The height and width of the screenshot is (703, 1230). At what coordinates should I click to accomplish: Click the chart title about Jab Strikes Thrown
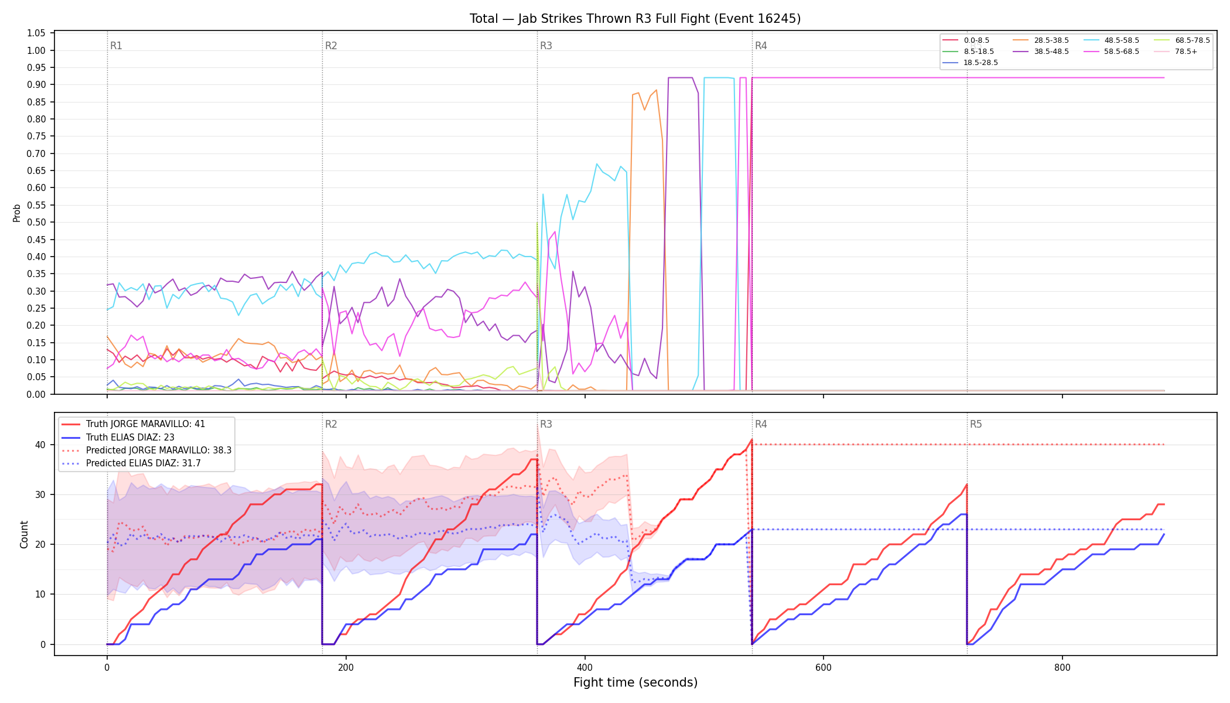tap(635, 19)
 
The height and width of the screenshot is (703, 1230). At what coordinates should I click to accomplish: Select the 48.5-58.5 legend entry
tap(1111, 40)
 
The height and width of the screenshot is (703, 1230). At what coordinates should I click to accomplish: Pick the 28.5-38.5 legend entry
tap(1041, 40)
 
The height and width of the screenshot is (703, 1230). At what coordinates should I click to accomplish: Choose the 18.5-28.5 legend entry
tap(971, 63)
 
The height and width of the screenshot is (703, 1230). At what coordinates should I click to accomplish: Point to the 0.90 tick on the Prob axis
tap(36, 85)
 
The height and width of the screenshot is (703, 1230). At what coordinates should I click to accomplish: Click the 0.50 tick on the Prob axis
tap(36, 223)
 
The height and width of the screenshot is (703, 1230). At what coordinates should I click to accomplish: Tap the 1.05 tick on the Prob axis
tap(36, 33)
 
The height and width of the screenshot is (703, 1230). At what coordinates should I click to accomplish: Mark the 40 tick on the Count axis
tap(40, 445)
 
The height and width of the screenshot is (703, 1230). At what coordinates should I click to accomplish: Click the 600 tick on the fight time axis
tap(824, 668)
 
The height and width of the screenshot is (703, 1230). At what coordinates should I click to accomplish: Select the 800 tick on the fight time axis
tap(1062, 668)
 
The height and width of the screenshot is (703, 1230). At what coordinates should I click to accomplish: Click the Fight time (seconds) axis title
tap(635, 683)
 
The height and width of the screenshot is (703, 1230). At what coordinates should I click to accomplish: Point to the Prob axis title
tap(17, 213)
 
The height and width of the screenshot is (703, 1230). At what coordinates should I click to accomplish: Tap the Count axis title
tap(24, 534)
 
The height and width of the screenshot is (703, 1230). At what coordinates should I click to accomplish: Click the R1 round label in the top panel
tap(116, 46)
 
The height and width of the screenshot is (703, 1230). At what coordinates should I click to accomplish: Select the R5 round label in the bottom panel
tap(976, 424)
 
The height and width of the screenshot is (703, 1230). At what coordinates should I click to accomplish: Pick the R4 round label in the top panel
tap(761, 46)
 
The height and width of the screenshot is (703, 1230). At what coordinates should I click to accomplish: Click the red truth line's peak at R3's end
tap(751, 440)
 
